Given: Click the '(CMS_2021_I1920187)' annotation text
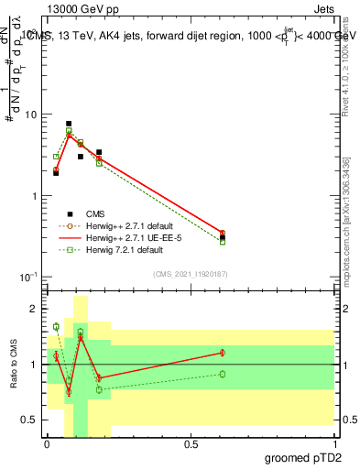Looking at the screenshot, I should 190,274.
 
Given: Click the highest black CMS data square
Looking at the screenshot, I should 69,124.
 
